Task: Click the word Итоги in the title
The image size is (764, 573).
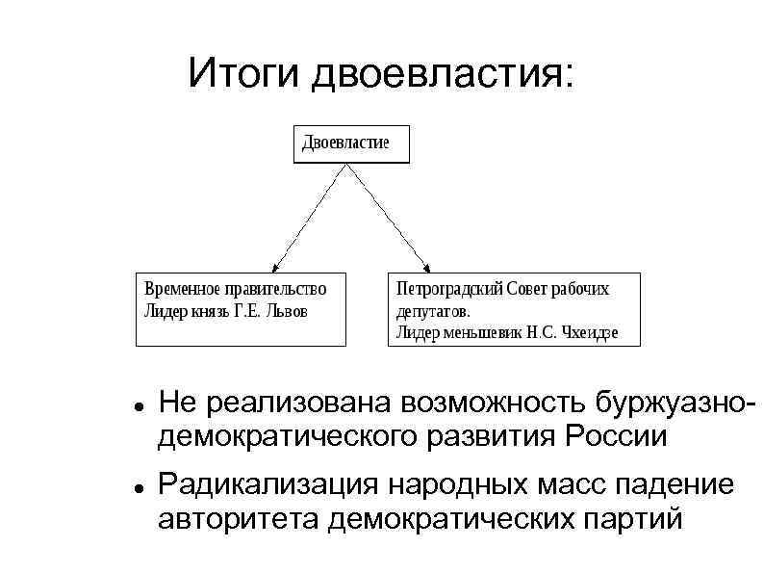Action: tap(244, 73)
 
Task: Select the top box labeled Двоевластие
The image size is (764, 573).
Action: tap(351, 143)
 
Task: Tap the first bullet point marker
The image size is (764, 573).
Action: tap(139, 408)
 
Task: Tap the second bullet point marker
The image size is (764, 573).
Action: tap(139, 490)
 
